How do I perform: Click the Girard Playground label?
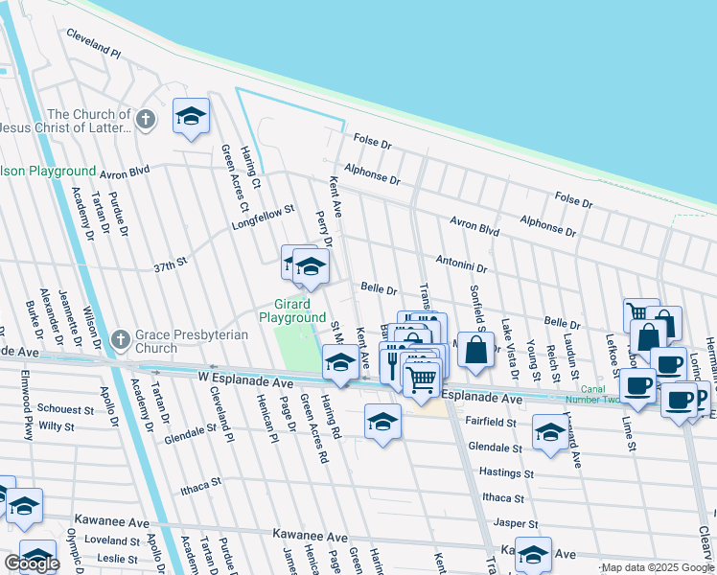[x=292, y=310]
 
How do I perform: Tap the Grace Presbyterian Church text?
[x=191, y=341]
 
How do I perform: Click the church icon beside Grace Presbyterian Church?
[x=120, y=339]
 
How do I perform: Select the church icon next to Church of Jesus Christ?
[x=145, y=121]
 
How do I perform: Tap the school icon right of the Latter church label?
[x=191, y=117]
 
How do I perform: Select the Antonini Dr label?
[x=462, y=264]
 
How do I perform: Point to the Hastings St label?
[x=506, y=472]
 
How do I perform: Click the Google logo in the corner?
[x=32, y=563]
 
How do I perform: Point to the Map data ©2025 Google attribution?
[x=657, y=567]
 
